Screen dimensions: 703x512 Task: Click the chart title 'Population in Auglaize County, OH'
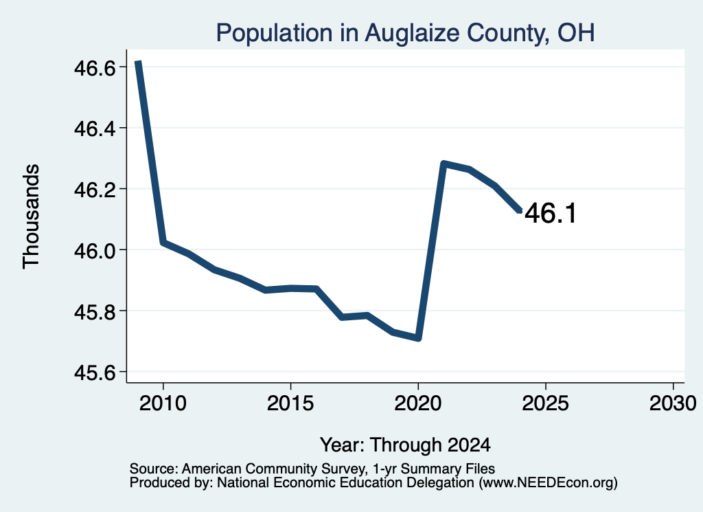405,34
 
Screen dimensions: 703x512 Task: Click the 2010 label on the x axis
163,403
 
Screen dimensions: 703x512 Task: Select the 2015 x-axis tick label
290,403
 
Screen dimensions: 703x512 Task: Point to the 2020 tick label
418,403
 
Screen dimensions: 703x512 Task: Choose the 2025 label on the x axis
546,403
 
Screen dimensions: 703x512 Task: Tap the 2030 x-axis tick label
673,403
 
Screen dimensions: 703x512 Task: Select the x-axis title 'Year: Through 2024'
405,445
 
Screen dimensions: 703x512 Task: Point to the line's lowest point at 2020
418,338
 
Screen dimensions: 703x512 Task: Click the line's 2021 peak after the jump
443,164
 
